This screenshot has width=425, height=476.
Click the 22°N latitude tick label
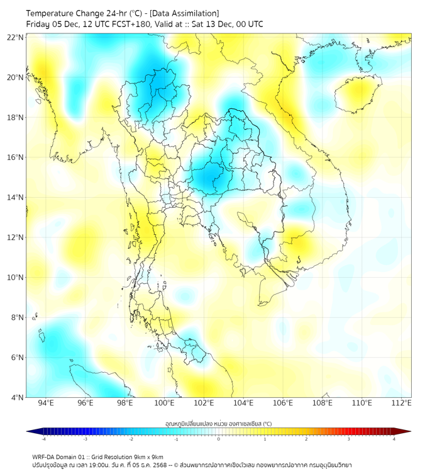point(16,37)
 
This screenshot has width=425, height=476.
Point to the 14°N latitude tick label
point(16,197)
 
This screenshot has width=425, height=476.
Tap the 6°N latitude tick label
point(17,357)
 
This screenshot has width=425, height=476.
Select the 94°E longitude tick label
point(46,403)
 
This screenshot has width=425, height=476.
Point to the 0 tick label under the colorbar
point(219,439)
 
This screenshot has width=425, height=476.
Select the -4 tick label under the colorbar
point(43,439)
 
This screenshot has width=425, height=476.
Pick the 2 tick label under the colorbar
point(306,439)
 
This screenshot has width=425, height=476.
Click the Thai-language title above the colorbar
point(218,423)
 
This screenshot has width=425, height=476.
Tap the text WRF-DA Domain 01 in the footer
point(60,456)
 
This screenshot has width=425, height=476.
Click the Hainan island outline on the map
point(358,94)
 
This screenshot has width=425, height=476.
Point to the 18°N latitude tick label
point(16,117)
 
